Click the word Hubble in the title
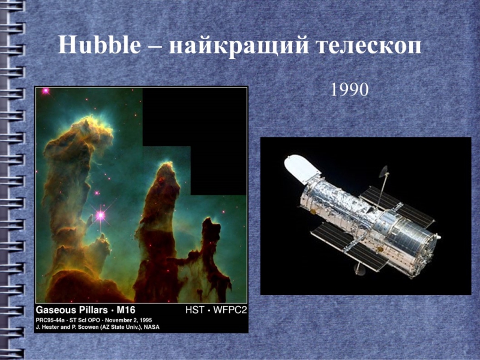[x=100, y=44]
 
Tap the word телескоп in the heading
[x=368, y=46]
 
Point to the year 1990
[x=349, y=89]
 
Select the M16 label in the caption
[x=126, y=310]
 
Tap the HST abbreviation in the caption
[x=194, y=310]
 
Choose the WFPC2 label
[x=230, y=310]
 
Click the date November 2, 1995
[x=128, y=320]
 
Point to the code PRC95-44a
[x=50, y=320]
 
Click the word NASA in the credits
[x=152, y=327]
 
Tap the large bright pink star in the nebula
[x=100, y=215]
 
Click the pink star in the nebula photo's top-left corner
[x=46, y=91]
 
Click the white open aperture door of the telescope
[x=301, y=169]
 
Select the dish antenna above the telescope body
[x=384, y=172]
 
